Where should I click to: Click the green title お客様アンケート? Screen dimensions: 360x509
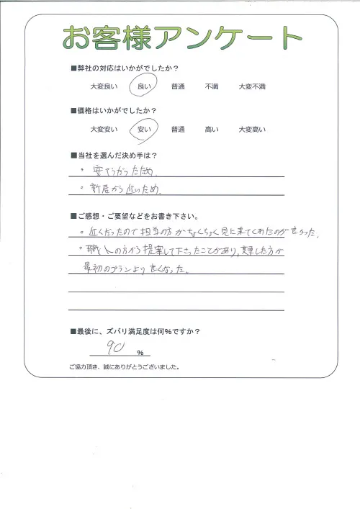pyautogui.click(x=180, y=37)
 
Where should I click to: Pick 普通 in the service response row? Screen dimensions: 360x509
pyautogui.click(x=178, y=86)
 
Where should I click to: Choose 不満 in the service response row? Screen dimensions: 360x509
pyautogui.click(x=212, y=86)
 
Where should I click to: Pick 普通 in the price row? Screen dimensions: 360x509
pyautogui.click(x=178, y=130)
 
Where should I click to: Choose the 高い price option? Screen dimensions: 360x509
pyautogui.click(x=212, y=130)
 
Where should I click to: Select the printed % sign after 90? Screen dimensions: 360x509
pyautogui.click(x=139, y=353)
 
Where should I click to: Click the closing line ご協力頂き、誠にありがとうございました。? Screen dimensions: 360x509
pyautogui.click(x=125, y=367)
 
